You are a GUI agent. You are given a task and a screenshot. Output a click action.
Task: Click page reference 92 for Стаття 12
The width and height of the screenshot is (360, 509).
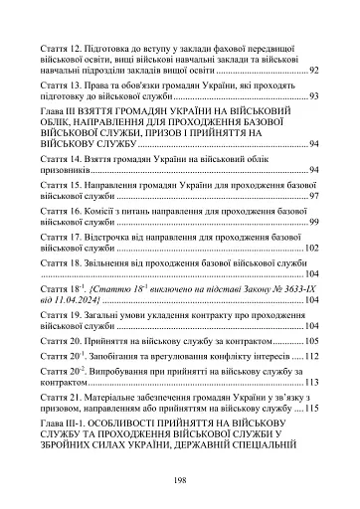(313, 72)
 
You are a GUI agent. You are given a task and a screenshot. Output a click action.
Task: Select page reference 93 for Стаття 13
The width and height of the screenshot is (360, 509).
(313, 124)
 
